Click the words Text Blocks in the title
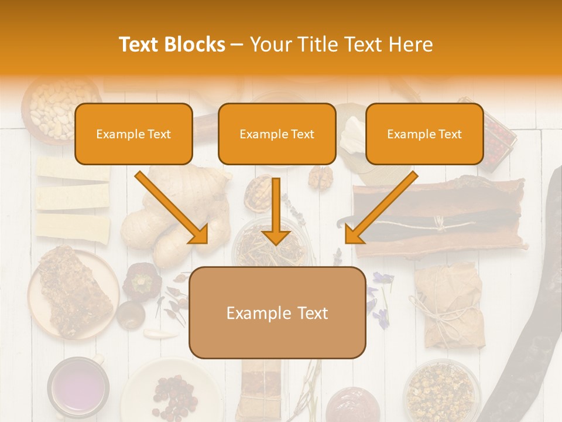pos(172,45)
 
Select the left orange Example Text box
pos(133,134)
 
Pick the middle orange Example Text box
pos(277,134)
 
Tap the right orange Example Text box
pos(424,134)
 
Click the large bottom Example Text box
pos(277,313)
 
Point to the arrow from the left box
pos(173,209)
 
